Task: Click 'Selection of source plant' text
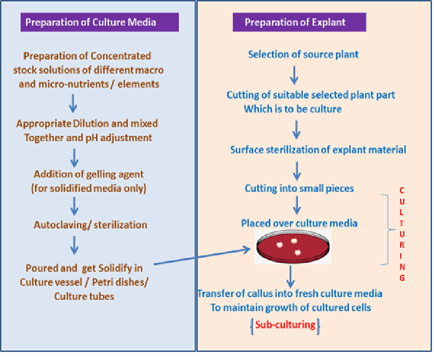point(303,54)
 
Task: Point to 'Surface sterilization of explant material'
point(318,150)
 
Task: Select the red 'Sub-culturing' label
point(285,325)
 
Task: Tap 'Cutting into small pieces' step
point(299,189)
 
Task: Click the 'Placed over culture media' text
point(299,222)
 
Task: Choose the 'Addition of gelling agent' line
point(89,174)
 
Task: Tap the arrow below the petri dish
point(290,276)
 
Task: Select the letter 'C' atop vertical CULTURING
point(402,191)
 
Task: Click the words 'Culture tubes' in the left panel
point(84,296)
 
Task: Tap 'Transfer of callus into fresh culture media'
point(290,293)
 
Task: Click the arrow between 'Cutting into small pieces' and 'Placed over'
point(297,205)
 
